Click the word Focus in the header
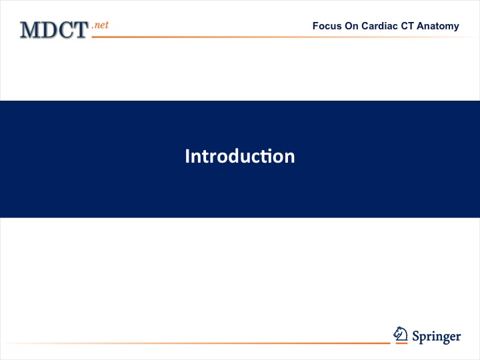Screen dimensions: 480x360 coord(327,26)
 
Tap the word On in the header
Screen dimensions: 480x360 coord(351,26)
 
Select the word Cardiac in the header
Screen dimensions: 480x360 coord(379,26)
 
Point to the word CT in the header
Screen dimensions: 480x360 coord(407,26)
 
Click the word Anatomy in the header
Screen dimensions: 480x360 coord(438,27)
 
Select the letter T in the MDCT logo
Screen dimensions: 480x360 coord(81,30)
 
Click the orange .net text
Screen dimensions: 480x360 coord(100,25)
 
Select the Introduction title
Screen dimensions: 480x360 coord(240,156)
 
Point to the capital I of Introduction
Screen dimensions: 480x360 coord(187,156)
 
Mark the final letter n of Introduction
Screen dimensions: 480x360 coord(289,158)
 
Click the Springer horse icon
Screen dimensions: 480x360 coord(401,334)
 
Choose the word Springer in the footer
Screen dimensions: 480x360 coord(436,337)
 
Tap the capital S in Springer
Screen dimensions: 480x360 coord(416,336)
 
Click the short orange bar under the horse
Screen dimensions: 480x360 coord(401,343)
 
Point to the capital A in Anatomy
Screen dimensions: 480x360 coord(420,26)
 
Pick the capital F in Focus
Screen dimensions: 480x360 coord(315,26)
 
